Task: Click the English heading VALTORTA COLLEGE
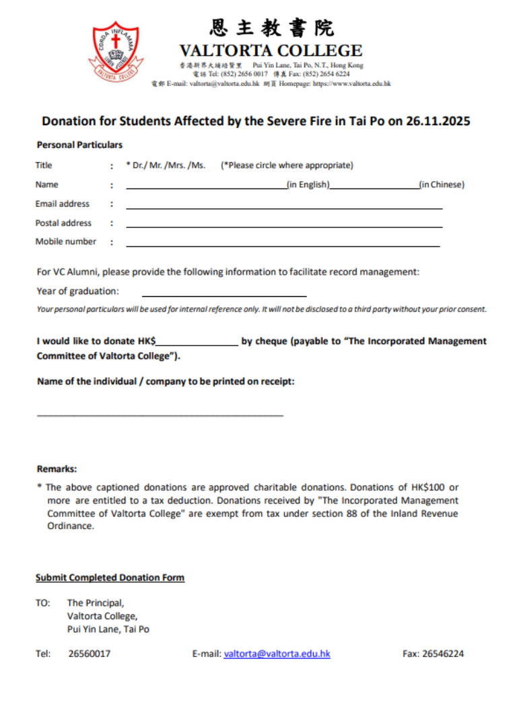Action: coord(271,50)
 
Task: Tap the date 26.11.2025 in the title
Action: coord(438,121)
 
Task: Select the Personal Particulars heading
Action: coord(79,145)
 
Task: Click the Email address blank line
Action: coord(284,208)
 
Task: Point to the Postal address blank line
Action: coord(284,227)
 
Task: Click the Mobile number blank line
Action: coord(283,246)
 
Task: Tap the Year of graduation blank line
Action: coord(224,295)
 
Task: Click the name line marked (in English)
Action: coord(206,188)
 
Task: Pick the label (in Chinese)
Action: coord(442,184)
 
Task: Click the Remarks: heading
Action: coord(57,469)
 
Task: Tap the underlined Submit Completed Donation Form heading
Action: coord(110,578)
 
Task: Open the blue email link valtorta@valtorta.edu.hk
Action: coord(277,654)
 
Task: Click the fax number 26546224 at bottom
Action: coord(442,654)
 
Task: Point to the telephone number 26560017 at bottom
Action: coord(90,654)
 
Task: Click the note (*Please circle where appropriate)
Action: coord(287,166)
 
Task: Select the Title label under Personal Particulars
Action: coord(44,166)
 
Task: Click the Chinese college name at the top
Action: coord(271,28)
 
